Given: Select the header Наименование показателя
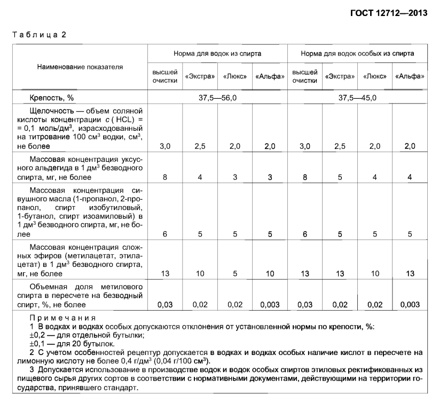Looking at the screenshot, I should pos(80,67).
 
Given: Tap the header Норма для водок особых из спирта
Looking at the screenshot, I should pos(357,54).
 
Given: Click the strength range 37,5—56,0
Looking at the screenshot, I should pos(217,98).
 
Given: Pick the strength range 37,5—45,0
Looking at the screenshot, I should pos(357,98).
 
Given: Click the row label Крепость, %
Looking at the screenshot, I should pos(52,98).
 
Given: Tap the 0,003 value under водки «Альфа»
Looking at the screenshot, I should pos(270,305).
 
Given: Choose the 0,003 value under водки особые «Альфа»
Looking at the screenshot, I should pos(410,305).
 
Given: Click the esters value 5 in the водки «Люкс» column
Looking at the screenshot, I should pos(235,274).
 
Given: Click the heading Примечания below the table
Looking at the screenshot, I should pos(51,317).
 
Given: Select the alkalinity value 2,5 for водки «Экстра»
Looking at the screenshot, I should pos(200,146).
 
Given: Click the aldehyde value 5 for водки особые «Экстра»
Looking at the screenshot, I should pos(340,177).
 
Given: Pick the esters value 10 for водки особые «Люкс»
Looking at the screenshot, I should pos(375,274).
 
